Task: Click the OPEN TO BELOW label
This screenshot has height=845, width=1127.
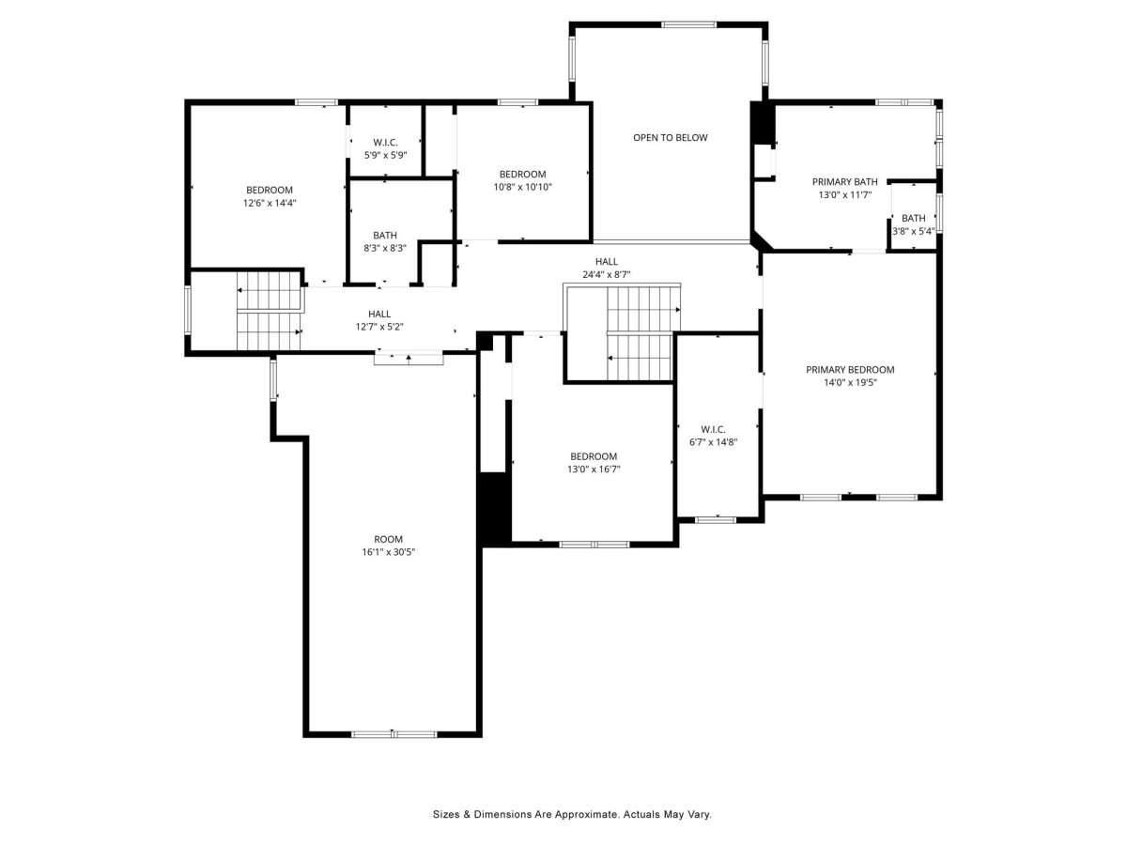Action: tap(670, 137)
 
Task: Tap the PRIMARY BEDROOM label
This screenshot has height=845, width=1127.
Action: tap(850, 369)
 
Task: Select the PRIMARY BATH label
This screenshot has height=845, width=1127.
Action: tap(844, 181)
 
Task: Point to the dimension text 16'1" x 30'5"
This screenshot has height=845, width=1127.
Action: tap(388, 552)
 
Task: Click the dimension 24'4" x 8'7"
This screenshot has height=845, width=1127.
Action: tap(606, 274)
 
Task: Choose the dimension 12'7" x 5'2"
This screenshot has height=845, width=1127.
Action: tap(379, 327)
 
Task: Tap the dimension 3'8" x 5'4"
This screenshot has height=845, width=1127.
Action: tap(914, 231)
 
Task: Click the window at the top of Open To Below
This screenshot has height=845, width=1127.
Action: tap(688, 24)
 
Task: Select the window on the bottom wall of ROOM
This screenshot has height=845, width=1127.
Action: tap(394, 734)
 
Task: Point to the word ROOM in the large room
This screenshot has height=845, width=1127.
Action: tap(388, 539)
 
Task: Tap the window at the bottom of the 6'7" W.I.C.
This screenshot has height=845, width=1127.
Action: tap(716, 520)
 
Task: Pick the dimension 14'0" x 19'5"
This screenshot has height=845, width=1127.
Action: tap(850, 382)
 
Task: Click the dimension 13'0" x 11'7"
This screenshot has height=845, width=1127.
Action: tap(845, 195)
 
